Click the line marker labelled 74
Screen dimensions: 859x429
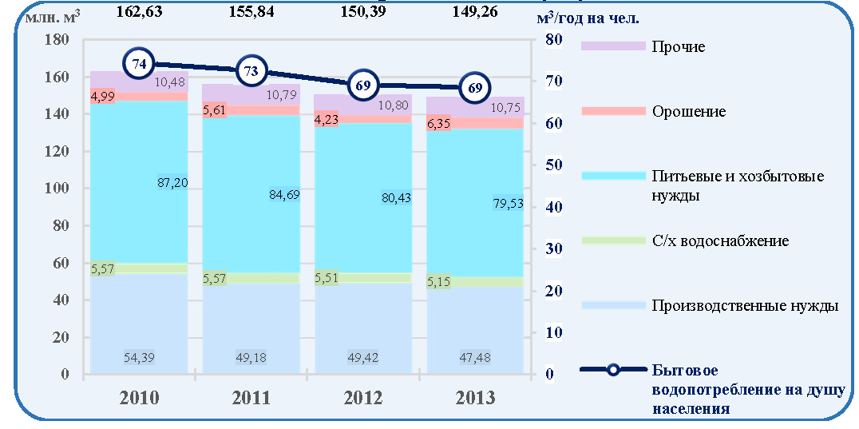point(139,64)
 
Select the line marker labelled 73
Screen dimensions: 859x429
point(251,71)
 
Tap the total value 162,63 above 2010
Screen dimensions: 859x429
point(139,11)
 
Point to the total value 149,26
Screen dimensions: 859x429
point(475,11)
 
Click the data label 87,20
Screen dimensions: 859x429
point(172,182)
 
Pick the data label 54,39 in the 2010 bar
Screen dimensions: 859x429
point(141,359)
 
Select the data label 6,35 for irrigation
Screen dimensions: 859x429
point(437,124)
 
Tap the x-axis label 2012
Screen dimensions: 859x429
point(364,397)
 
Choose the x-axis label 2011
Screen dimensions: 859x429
point(251,397)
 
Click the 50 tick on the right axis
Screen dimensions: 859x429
point(553,165)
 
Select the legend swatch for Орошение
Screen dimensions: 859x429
point(614,111)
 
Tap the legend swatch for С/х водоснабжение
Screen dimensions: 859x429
point(614,240)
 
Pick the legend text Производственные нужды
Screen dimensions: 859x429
point(746,305)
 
